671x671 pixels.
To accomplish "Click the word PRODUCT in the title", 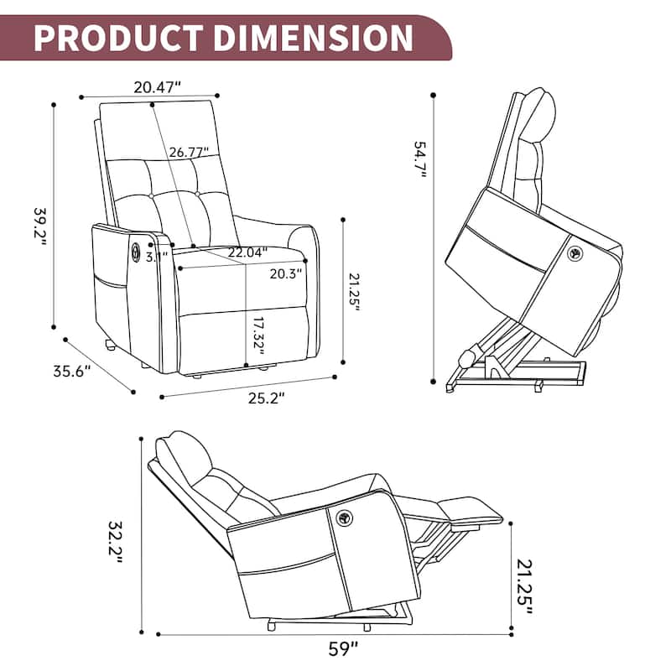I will tap(117, 38).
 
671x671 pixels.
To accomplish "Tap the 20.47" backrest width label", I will tap(158, 86).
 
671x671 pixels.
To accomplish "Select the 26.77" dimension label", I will tap(187, 153).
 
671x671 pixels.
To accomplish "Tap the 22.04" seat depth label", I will tap(247, 251).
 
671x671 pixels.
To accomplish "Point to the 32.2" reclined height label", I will tap(115, 537).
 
